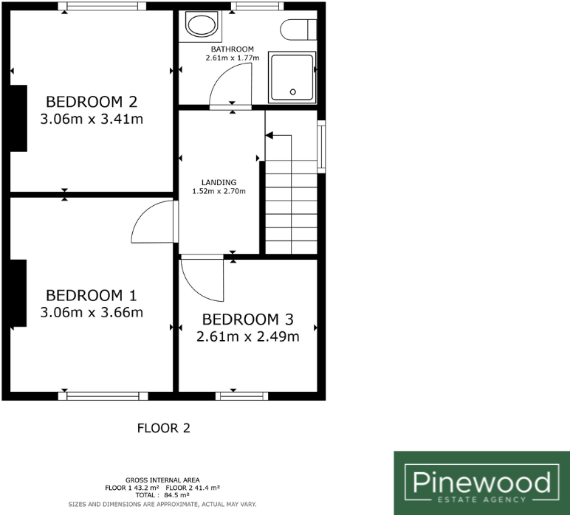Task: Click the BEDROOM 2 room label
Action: (92, 101)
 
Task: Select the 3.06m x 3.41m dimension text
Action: (92, 119)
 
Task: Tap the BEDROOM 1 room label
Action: (92, 295)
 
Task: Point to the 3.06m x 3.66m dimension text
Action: (92, 312)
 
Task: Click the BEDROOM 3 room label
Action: (248, 319)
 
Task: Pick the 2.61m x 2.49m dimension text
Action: (247, 336)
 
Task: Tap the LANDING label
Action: (219, 182)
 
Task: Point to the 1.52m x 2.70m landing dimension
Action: (219, 191)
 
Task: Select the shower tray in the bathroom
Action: (292, 77)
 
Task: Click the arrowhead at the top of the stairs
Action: (269, 135)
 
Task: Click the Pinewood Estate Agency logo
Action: (481, 483)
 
